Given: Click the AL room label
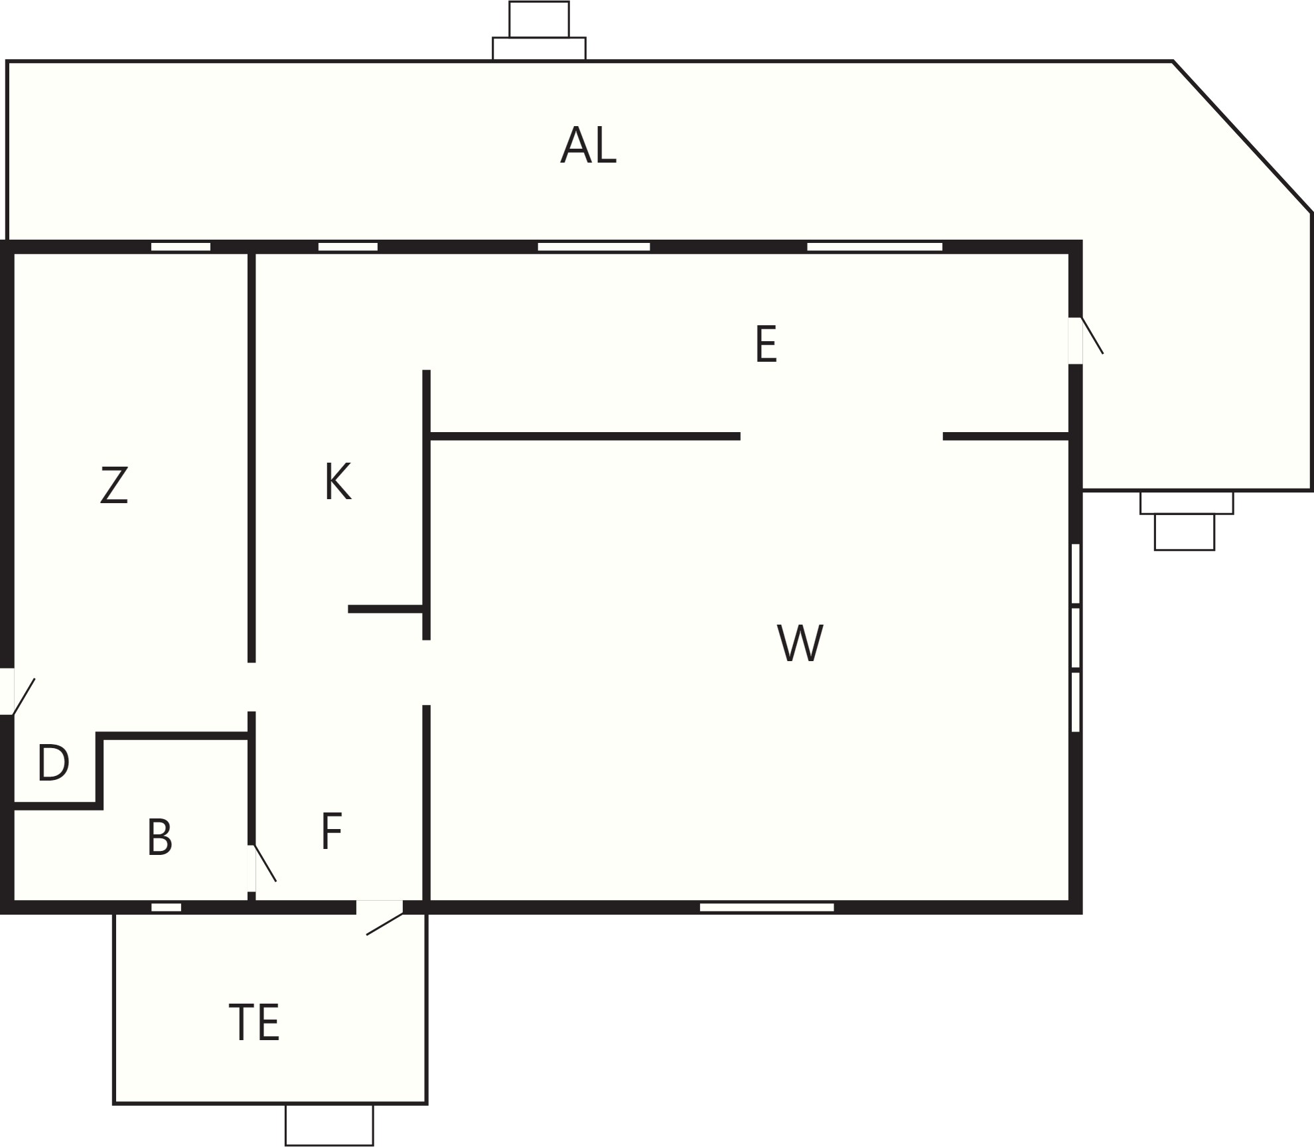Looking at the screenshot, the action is click(x=589, y=145).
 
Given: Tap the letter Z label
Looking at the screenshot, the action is click(x=114, y=485).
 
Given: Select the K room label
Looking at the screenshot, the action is click(x=338, y=482).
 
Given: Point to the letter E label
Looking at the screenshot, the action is click(x=766, y=344).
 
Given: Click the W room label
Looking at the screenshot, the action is click(x=800, y=643).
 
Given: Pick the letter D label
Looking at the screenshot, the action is click(x=53, y=763).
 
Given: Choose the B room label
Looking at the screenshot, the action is click(x=160, y=837).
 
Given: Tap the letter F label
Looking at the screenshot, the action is click(x=331, y=831).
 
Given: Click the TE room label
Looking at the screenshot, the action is click(x=254, y=1023).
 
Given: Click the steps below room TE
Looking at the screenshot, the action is click(x=329, y=1124).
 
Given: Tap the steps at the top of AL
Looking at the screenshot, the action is click(x=539, y=31).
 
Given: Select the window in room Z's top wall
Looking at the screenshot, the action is click(x=181, y=247).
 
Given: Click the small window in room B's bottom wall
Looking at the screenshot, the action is click(x=167, y=907).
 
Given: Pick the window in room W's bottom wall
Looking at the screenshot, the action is click(x=767, y=907).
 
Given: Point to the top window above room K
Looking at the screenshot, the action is click(x=348, y=247).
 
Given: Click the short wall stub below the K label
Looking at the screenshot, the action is click(x=386, y=609).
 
